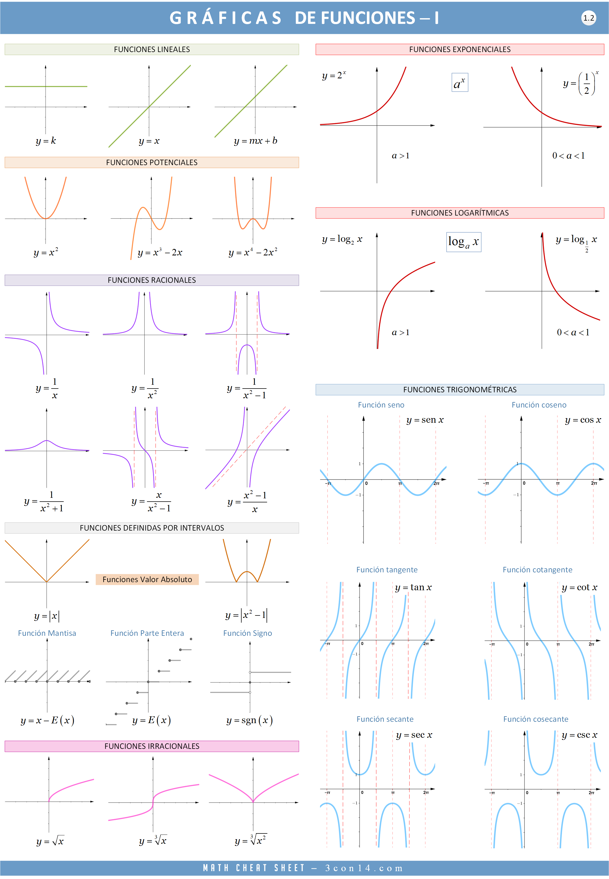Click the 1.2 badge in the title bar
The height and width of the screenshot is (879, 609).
[x=588, y=18]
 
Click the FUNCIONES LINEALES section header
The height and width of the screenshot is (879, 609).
[x=152, y=49]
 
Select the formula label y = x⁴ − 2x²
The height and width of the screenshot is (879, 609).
[x=253, y=252]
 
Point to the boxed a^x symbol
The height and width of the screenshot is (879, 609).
[x=459, y=83]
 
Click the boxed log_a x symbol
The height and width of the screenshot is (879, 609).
[x=464, y=242]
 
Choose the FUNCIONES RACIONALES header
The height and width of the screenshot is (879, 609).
[x=152, y=280]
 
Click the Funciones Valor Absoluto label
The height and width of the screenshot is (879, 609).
[x=147, y=579]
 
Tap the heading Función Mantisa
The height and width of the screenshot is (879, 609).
[x=47, y=633]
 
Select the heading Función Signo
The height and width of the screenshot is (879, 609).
[x=248, y=633]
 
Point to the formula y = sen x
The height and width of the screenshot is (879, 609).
[x=425, y=420]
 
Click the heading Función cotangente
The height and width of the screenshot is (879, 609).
[x=537, y=570]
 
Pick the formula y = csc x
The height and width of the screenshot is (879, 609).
[x=579, y=734]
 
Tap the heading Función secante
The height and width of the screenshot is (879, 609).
[x=385, y=719]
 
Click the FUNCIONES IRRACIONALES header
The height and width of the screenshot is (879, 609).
[x=152, y=746]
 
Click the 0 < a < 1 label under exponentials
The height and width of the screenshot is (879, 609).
[x=568, y=156]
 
